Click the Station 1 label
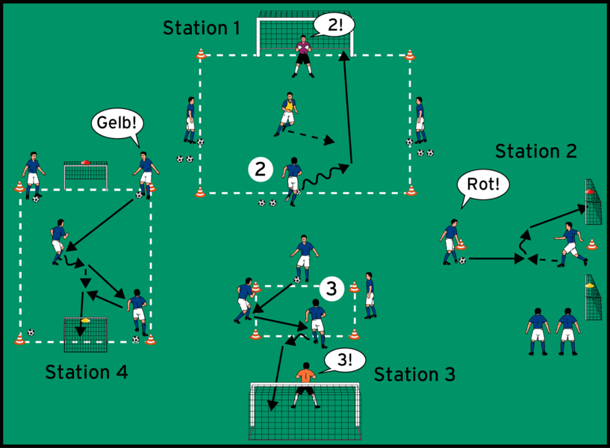201,29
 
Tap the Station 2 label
536,152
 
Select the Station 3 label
414,373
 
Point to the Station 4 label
86,372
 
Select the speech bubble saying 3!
344,361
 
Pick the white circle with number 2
260,169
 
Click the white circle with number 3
332,288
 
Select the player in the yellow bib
287,113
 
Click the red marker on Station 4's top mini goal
85,161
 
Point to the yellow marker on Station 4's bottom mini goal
84,320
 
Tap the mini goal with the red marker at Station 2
594,202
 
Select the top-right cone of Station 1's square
409,55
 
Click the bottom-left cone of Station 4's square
19,339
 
